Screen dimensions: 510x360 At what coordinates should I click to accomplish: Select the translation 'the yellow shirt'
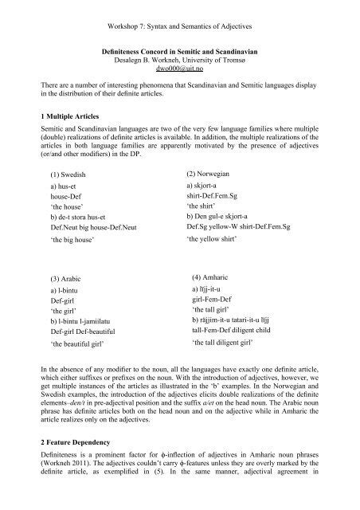pos(216,261)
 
